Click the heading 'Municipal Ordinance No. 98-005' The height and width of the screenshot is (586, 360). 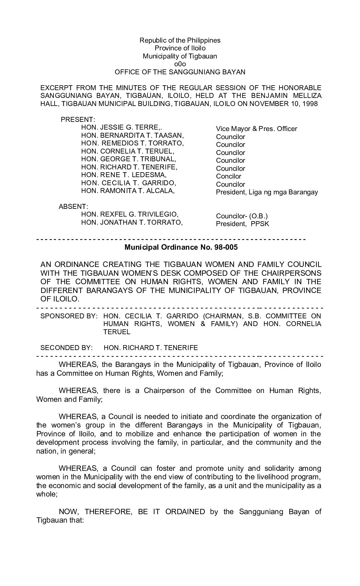click(x=181, y=247)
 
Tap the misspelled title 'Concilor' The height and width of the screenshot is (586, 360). click(x=229, y=176)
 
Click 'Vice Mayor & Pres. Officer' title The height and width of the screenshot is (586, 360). click(x=257, y=129)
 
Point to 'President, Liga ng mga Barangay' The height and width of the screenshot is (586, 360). click(x=267, y=192)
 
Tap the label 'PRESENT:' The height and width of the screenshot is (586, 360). click(x=76, y=119)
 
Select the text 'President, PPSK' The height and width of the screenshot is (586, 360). click(x=242, y=224)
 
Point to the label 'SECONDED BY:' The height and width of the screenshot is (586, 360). click(x=67, y=348)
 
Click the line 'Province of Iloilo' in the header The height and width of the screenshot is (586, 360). click(x=180, y=48)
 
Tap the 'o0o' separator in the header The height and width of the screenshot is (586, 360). click(x=180, y=64)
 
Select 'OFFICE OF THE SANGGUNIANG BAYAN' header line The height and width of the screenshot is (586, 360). click(x=180, y=72)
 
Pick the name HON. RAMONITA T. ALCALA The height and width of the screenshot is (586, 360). click(x=128, y=191)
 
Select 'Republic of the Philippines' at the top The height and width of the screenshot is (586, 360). click(x=180, y=40)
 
